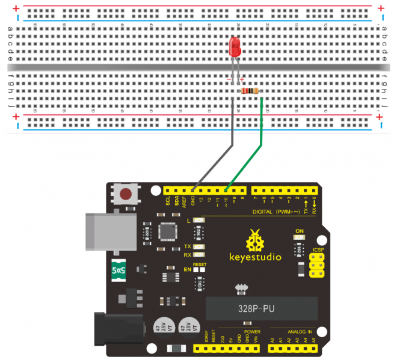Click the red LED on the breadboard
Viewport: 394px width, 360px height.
click(236, 47)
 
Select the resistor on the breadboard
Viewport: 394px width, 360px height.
click(249, 91)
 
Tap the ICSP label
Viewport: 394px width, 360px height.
click(319, 249)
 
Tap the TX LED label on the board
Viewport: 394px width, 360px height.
click(188, 247)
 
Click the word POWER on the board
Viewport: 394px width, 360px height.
click(253, 331)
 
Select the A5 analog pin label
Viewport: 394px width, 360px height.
click(313, 340)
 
